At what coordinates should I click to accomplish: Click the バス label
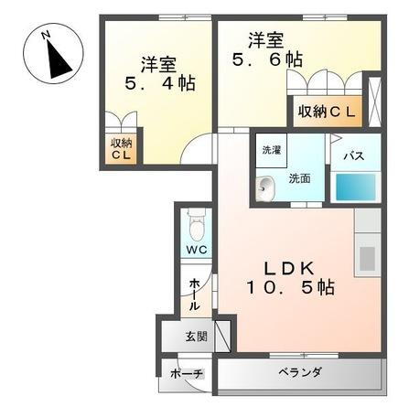coord(353,155)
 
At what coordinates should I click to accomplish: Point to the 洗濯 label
coord(272,149)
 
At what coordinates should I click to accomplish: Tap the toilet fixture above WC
coord(194,221)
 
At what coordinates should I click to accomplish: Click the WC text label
coord(195,249)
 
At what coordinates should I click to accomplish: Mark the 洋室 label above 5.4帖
coord(159,64)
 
